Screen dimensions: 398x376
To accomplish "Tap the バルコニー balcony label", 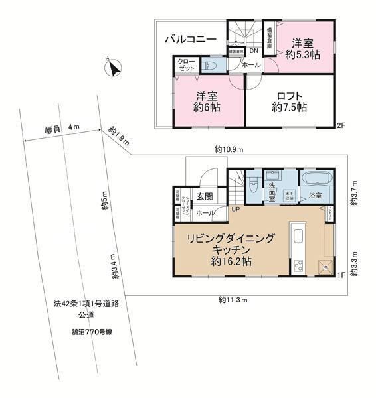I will coord(191,40).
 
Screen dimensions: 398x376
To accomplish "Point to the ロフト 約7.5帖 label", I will coord(288,101).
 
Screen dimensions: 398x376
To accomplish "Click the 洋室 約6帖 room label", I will coord(207,101).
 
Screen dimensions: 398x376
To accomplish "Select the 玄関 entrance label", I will coord(205,196).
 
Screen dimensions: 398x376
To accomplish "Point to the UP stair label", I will coord(236,210).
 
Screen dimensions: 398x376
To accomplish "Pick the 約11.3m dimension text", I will coord(233,300).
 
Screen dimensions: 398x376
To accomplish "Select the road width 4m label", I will coord(60,127).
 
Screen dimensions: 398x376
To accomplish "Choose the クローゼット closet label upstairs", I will coord(185,64).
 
